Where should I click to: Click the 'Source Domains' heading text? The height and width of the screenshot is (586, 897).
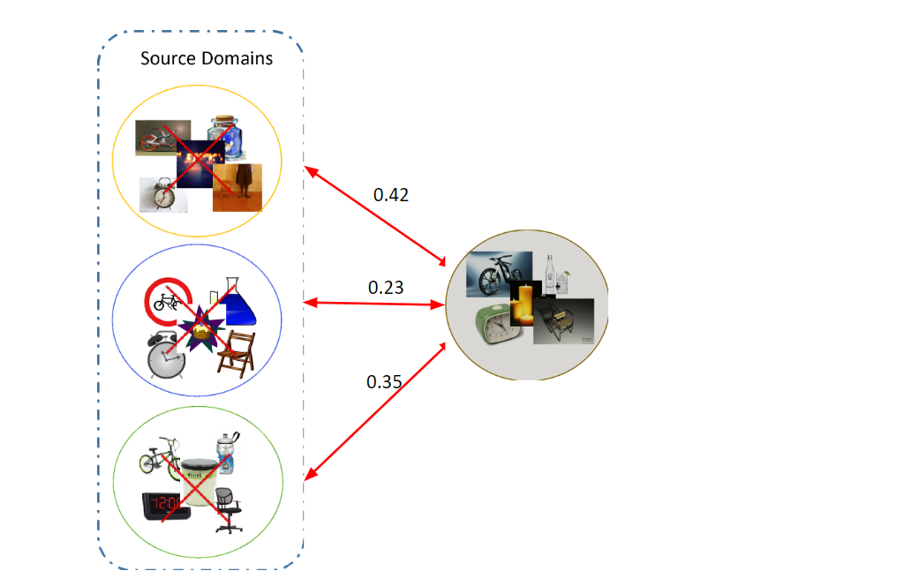pyautogui.click(x=207, y=59)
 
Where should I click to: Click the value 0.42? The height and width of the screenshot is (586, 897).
pyautogui.click(x=391, y=195)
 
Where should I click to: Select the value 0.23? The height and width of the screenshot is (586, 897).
pyautogui.click(x=385, y=287)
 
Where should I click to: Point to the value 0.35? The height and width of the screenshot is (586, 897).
pyautogui.click(x=384, y=381)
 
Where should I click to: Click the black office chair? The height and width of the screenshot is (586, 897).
pyautogui.click(x=228, y=509)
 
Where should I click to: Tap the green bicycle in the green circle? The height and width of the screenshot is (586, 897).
pyautogui.click(x=160, y=457)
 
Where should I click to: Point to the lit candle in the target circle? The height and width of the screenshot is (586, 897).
pyautogui.click(x=525, y=303)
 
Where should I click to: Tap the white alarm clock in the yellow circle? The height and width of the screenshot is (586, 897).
pyautogui.click(x=163, y=194)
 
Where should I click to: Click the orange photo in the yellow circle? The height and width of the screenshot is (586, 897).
pyautogui.click(x=237, y=187)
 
